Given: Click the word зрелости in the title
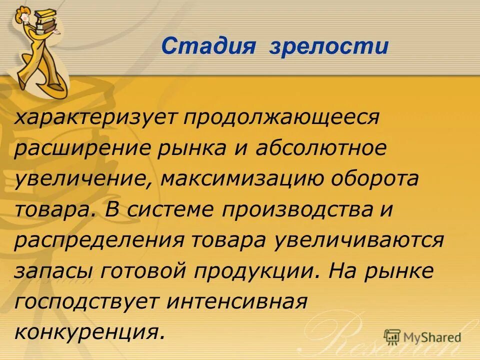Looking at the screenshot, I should pos(328,46).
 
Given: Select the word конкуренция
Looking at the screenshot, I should pos(90,331).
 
